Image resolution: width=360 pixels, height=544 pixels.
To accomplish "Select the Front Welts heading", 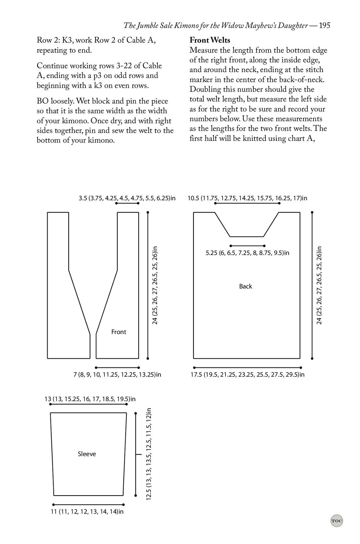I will [210, 40].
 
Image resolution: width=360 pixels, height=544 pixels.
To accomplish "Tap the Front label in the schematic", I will [118, 332].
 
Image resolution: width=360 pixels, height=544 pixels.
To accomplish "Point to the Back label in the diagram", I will [245, 286].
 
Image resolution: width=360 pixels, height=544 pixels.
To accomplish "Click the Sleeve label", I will [87, 454].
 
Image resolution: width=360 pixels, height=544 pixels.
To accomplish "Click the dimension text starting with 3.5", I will [127, 198].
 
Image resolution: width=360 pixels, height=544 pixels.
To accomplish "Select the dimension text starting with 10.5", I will [247, 198].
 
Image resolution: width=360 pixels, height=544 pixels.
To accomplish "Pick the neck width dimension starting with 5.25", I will [247, 253].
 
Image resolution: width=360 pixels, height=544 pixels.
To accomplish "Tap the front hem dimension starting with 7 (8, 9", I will [117, 374].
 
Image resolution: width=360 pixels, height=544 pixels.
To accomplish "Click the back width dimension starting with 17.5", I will [247, 374].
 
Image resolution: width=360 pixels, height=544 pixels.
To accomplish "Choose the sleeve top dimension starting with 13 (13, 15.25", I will [90, 399].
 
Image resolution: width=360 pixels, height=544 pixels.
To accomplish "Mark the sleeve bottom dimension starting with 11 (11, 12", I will [87, 512].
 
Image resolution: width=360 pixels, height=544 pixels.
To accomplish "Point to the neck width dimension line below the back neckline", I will [247, 246].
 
